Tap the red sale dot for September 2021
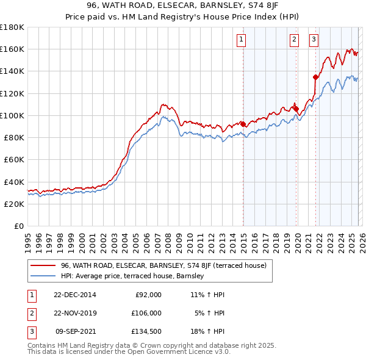coord(315,77)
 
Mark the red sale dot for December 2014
coord(243,124)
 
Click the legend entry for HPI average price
coord(135,276)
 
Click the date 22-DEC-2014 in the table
coord(75,295)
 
